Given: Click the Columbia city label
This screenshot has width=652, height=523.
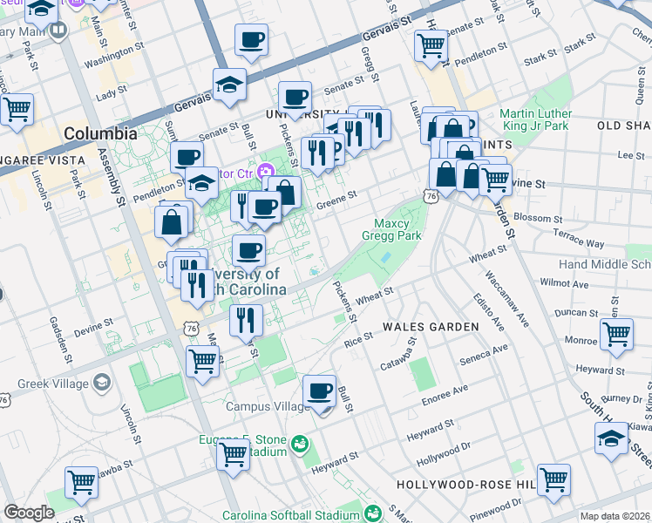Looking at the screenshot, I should pyautogui.click(x=100, y=134).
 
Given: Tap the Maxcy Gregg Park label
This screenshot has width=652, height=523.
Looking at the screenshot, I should pyautogui.click(x=397, y=229).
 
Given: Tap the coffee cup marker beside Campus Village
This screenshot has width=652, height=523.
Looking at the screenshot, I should pyautogui.click(x=320, y=392).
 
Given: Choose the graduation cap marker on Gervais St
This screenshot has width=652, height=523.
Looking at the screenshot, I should pyautogui.click(x=230, y=85).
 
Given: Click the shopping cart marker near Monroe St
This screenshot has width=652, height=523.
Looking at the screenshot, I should pyautogui.click(x=615, y=335).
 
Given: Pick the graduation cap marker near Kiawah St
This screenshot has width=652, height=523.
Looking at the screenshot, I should pyautogui.click(x=611, y=439).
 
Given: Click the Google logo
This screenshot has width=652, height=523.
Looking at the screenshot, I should pyautogui.click(x=29, y=513).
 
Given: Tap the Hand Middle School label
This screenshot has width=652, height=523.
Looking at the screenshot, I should pyautogui.click(x=604, y=264).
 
